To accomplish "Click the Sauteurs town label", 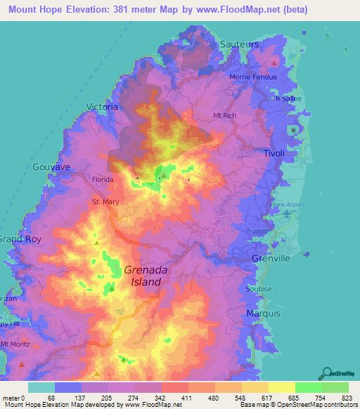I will [x=240, y=44].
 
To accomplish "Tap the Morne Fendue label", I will [x=253, y=77].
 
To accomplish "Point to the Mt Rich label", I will [x=226, y=115].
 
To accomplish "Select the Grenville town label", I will [x=271, y=259].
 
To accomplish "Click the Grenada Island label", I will [x=143, y=275].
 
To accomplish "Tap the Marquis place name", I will [x=263, y=313].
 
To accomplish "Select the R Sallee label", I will [x=288, y=99].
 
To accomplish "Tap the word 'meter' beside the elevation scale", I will [x=11, y=397].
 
